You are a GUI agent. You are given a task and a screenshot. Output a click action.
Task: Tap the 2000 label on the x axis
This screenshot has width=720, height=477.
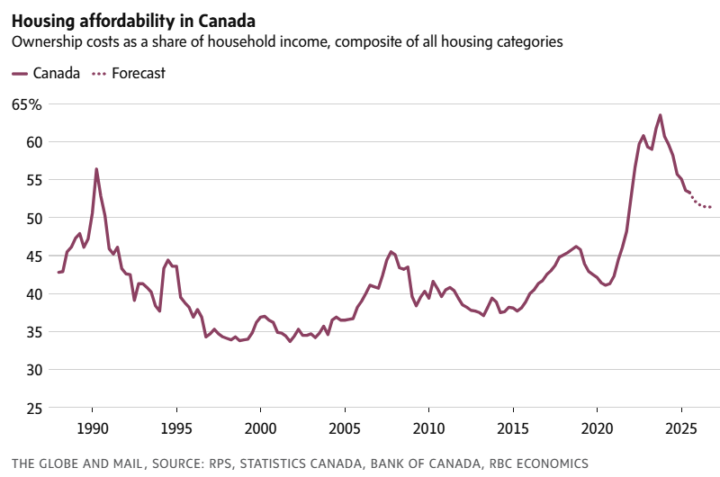(x=260, y=427)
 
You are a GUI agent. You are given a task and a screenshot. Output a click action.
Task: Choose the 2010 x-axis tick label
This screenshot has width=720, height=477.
(x=428, y=427)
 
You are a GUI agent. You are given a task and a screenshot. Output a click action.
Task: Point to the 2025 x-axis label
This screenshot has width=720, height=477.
(x=681, y=427)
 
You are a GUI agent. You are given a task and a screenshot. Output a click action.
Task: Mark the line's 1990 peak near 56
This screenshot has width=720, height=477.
(x=96, y=169)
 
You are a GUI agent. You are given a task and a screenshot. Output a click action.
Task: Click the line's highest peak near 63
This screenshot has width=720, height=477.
(x=661, y=115)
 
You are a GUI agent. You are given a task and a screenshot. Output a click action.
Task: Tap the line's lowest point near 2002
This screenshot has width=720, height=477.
(x=290, y=341)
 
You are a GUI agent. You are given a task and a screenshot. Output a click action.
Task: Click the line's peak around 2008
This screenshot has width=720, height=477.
(x=391, y=252)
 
